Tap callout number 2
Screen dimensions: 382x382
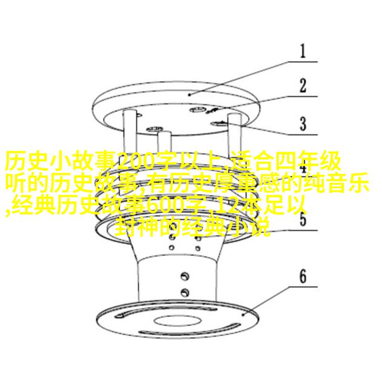303,85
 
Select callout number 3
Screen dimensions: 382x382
303,124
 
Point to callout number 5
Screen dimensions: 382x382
303,219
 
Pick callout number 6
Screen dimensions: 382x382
303,276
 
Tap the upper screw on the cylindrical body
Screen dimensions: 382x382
185,276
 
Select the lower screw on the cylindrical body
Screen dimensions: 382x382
185,292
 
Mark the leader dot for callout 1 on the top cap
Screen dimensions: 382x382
190,95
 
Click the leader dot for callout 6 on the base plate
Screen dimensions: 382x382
243,315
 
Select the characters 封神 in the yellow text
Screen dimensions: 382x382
138,227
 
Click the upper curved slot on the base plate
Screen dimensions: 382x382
166,312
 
